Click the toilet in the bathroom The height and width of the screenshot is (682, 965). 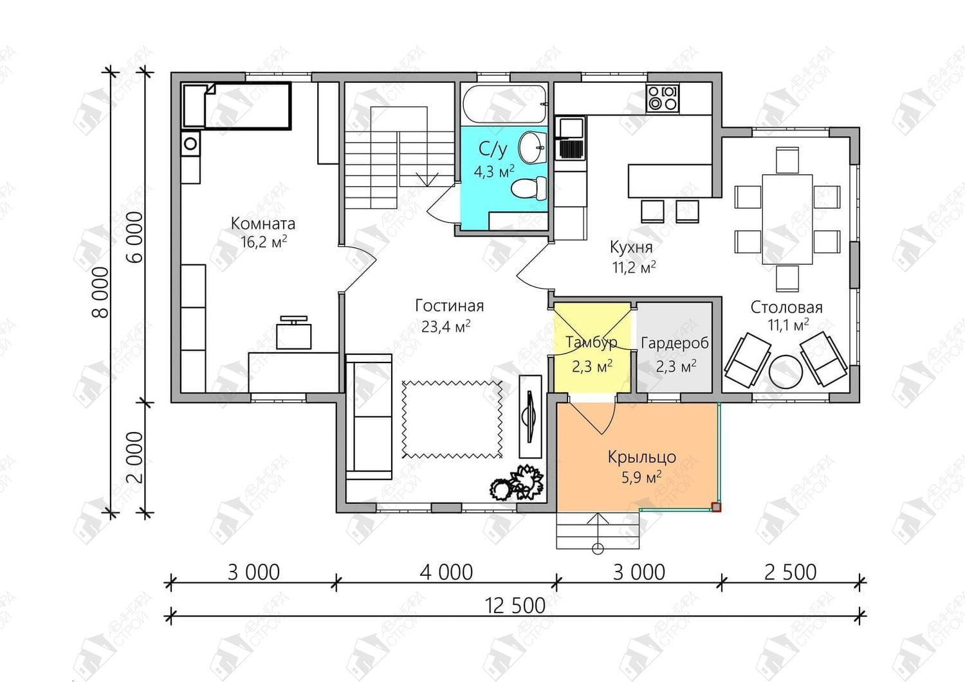(529, 188)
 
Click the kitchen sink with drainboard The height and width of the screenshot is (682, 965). (571, 138)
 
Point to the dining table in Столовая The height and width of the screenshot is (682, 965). (787, 219)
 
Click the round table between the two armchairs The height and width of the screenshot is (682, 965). (787, 372)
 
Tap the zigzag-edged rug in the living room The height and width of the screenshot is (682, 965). (452, 418)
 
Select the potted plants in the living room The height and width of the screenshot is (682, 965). (517, 483)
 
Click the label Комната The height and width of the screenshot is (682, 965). (263, 224)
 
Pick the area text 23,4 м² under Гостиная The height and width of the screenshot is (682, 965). (446, 327)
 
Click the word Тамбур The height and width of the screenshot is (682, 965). (591, 343)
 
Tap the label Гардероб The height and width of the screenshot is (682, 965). (675, 343)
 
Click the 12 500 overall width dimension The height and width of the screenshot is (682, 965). (515, 606)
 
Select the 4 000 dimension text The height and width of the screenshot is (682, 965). (446, 572)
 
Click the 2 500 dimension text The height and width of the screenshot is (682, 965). (790, 572)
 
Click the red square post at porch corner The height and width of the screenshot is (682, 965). (716, 507)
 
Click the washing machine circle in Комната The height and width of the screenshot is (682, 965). (190, 143)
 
